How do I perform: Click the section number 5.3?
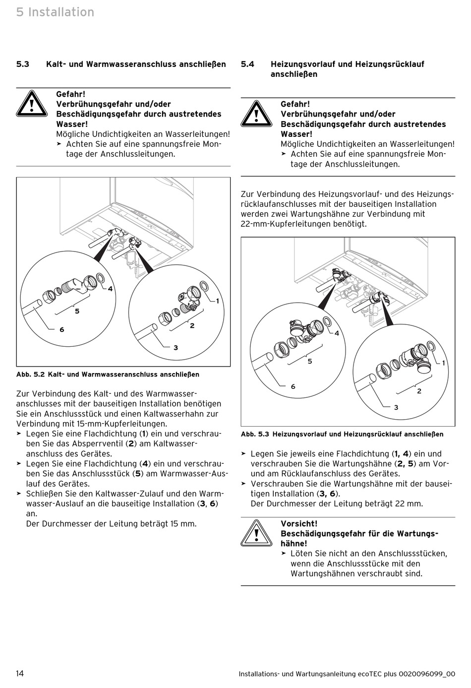23,64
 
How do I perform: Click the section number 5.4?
247,64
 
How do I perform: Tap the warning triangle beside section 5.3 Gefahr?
31,104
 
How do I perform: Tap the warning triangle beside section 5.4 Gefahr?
256,114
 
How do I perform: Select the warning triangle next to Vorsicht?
256,533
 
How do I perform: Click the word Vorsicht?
299,524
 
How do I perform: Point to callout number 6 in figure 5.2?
61,329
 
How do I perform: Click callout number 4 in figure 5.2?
110,289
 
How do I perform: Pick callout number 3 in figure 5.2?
176,348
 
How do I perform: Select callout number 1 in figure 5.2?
217,301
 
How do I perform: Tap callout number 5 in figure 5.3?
310,362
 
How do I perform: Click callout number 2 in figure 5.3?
419,391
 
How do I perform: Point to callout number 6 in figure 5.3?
293,386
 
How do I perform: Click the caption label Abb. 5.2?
31,375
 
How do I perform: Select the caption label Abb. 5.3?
255,435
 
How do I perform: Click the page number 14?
20,673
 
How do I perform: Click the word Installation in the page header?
61,12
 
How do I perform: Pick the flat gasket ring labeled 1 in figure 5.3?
431,346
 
